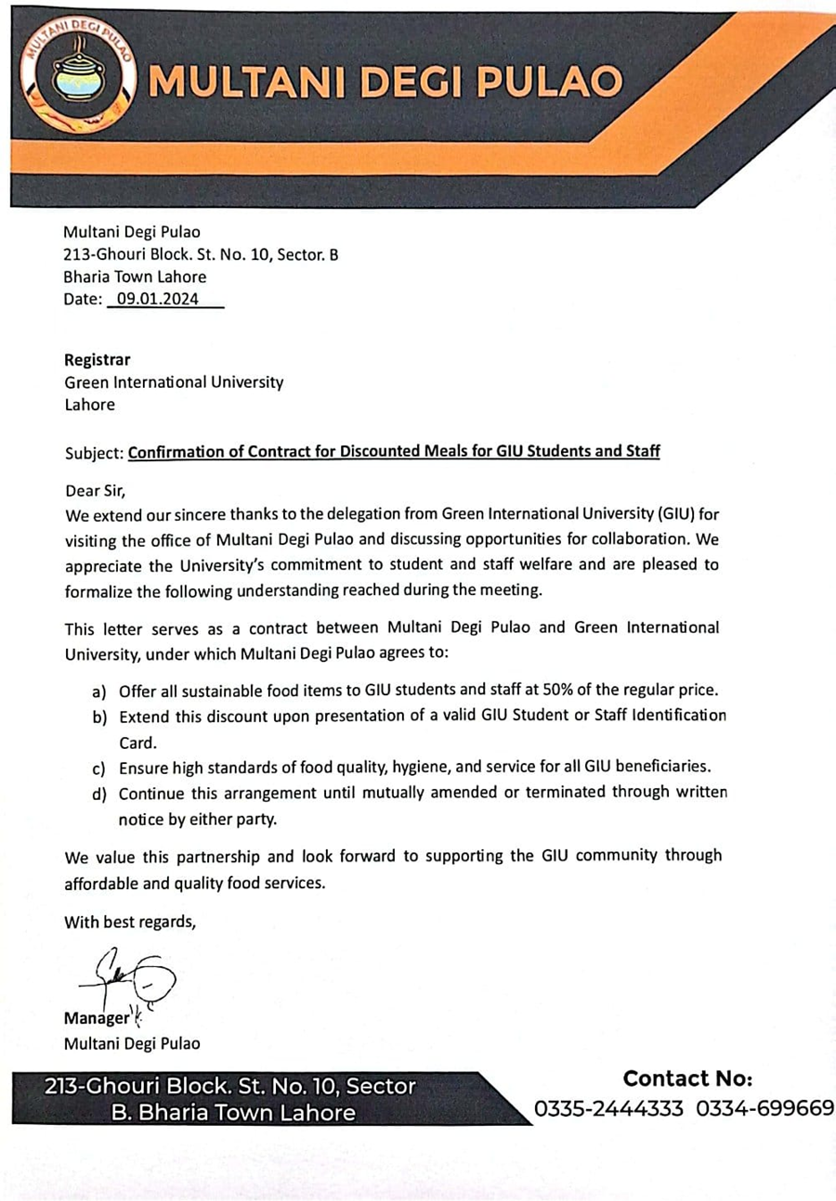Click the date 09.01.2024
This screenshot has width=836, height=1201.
tap(158, 300)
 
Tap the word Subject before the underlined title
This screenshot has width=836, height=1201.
tap(94, 453)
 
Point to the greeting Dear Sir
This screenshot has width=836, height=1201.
tap(94, 491)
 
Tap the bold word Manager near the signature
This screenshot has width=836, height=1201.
tap(97, 1018)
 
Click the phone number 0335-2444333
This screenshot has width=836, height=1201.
tap(609, 1109)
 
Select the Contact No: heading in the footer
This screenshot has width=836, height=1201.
tap(687, 1078)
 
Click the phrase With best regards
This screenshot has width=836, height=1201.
tap(130, 922)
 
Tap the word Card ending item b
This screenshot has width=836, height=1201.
tap(137, 743)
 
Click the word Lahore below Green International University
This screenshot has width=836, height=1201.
tap(89, 405)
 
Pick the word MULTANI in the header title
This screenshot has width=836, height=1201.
tap(246, 82)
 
